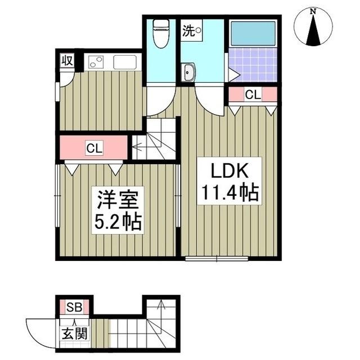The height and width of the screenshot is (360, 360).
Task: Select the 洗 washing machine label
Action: tap(188, 31)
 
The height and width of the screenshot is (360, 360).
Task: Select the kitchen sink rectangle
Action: tap(126, 62)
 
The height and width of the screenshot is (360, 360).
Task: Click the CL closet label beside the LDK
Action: tap(253, 95)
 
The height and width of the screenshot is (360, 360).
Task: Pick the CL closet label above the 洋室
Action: tap(93, 148)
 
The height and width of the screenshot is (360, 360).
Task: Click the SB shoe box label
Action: tap(74, 307)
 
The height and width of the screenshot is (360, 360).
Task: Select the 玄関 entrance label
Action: tap(74, 332)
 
